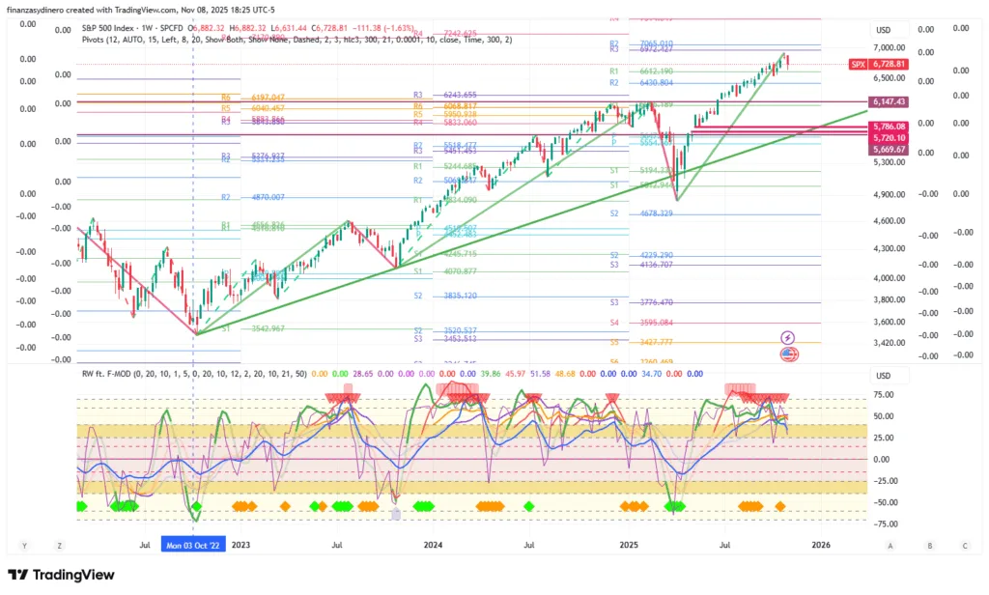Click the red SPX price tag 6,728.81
888,64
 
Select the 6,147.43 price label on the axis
888,101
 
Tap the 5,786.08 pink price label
888,127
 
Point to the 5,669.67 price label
888,150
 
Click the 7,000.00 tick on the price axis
888,47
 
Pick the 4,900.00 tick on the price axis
888,194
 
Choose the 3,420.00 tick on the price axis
888,342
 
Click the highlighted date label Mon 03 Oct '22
193,544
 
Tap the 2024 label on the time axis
434,545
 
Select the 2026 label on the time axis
821,545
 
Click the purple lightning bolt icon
788,337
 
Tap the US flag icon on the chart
788,354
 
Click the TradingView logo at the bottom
61,575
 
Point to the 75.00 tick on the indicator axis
883,395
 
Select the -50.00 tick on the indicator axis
883,502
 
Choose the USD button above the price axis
883,30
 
